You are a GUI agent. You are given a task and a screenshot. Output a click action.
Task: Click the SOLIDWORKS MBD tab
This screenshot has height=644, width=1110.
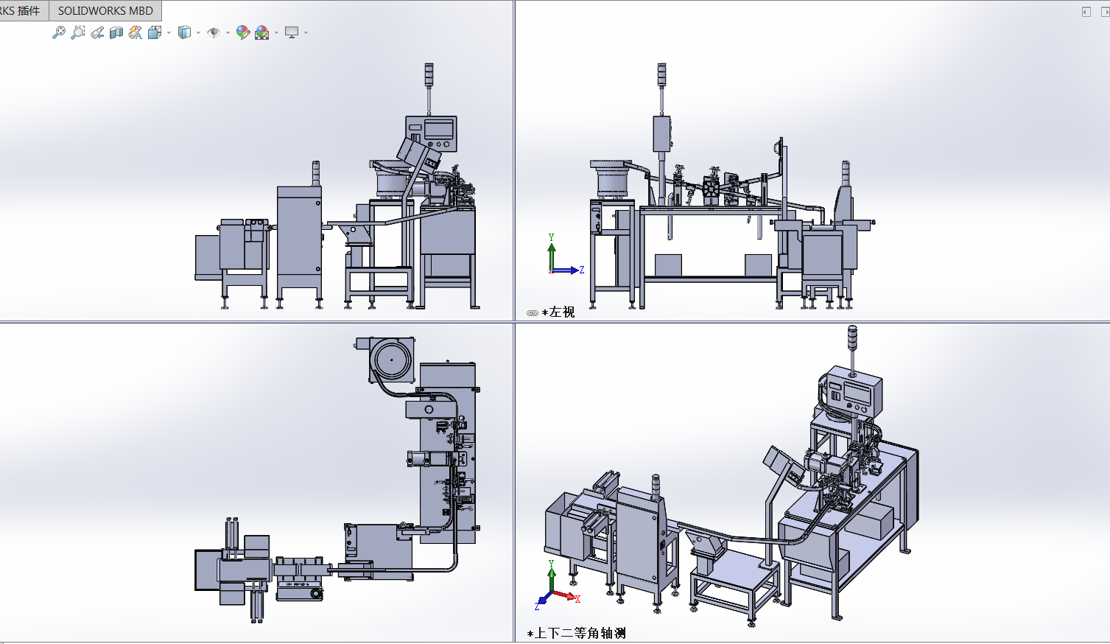(105, 10)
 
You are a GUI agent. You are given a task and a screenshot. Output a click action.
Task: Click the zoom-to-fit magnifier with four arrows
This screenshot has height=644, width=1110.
(58, 32)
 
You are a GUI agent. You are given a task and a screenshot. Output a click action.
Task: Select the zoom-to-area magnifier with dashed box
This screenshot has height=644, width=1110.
(78, 32)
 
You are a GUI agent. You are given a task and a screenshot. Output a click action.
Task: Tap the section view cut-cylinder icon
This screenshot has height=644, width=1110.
(116, 32)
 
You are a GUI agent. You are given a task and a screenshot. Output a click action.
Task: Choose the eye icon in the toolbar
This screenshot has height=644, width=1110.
(214, 32)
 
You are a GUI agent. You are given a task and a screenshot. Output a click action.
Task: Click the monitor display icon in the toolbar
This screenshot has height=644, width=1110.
(292, 32)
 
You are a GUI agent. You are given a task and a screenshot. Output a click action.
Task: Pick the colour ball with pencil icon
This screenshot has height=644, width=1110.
(243, 32)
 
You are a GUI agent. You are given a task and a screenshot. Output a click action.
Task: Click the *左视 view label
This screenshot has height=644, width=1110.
(558, 312)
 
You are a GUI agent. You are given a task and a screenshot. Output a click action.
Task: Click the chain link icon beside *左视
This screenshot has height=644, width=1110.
(533, 313)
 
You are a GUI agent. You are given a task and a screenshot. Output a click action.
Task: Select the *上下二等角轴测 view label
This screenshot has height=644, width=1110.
(576, 633)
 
